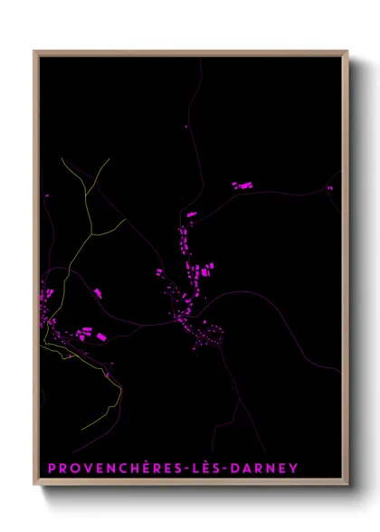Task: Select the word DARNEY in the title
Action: click(267, 469)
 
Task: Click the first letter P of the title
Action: click(52, 469)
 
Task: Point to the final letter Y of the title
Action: click(293, 469)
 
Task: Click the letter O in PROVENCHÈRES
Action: click(75, 469)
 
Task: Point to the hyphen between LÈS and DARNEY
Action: click(230, 469)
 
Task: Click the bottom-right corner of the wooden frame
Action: click(347, 486)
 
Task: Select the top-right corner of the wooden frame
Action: click(347, 52)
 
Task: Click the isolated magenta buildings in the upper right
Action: click(242, 185)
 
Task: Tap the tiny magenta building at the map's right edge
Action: click(330, 188)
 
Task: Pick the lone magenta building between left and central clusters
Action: click(97, 292)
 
